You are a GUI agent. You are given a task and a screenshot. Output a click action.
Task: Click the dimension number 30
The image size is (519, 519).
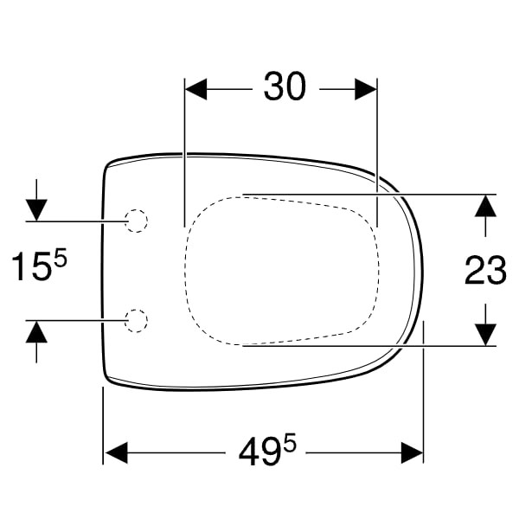(x=285, y=86)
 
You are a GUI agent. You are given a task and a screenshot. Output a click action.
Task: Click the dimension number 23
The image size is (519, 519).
(x=485, y=270)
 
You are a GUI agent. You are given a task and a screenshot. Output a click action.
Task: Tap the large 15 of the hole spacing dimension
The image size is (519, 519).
(x=32, y=266)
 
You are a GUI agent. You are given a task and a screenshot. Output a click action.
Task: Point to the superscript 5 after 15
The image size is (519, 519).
(x=61, y=258)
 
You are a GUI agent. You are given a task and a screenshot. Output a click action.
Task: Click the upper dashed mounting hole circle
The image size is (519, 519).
(x=136, y=221)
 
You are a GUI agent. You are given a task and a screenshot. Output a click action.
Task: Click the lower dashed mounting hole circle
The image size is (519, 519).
(x=136, y=321)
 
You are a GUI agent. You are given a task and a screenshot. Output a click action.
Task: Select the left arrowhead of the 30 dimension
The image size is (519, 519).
(x=196, y=89)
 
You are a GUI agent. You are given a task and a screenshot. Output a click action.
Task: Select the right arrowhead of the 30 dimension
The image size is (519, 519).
(x=366, y=89)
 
